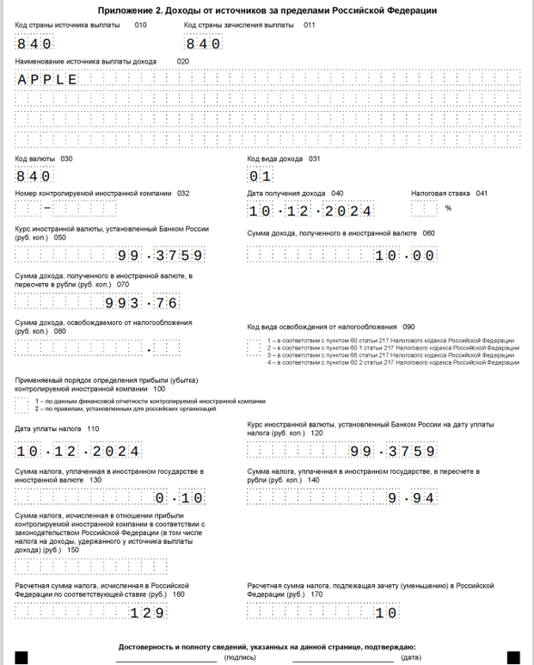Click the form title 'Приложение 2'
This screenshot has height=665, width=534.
[267, 10]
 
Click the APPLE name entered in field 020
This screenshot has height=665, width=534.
[47, 80]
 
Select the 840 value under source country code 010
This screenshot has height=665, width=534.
[34, 44]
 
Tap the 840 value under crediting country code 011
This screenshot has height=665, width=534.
[203, 44]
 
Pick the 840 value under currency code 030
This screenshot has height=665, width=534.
[34, 176]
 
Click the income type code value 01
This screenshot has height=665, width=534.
[261, 176]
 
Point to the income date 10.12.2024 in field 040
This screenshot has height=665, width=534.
[310, 211]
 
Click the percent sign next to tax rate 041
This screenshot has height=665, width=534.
[448, 208]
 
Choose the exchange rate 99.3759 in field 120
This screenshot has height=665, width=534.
[392, 451]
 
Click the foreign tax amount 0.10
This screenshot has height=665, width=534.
[180, 498]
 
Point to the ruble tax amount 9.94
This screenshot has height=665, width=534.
[405, 498]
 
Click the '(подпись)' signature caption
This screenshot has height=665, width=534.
[239, 658]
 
